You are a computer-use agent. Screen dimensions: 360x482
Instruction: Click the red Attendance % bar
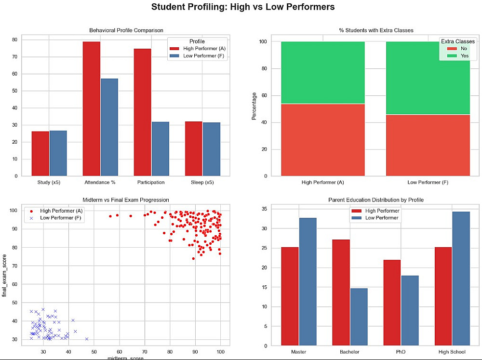pos(91,108)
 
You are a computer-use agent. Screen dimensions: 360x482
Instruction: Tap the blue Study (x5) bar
pos(58,153)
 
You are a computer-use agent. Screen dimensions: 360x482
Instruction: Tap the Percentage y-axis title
pos(254,108)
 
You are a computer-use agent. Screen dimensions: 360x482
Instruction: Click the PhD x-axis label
pos(401,352)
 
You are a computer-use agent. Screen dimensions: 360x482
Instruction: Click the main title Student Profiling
pos(242,7)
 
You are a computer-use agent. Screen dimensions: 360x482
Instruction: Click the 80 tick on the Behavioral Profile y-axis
pos(14,40)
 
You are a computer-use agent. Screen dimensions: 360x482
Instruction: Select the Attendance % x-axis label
pos(100,182)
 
